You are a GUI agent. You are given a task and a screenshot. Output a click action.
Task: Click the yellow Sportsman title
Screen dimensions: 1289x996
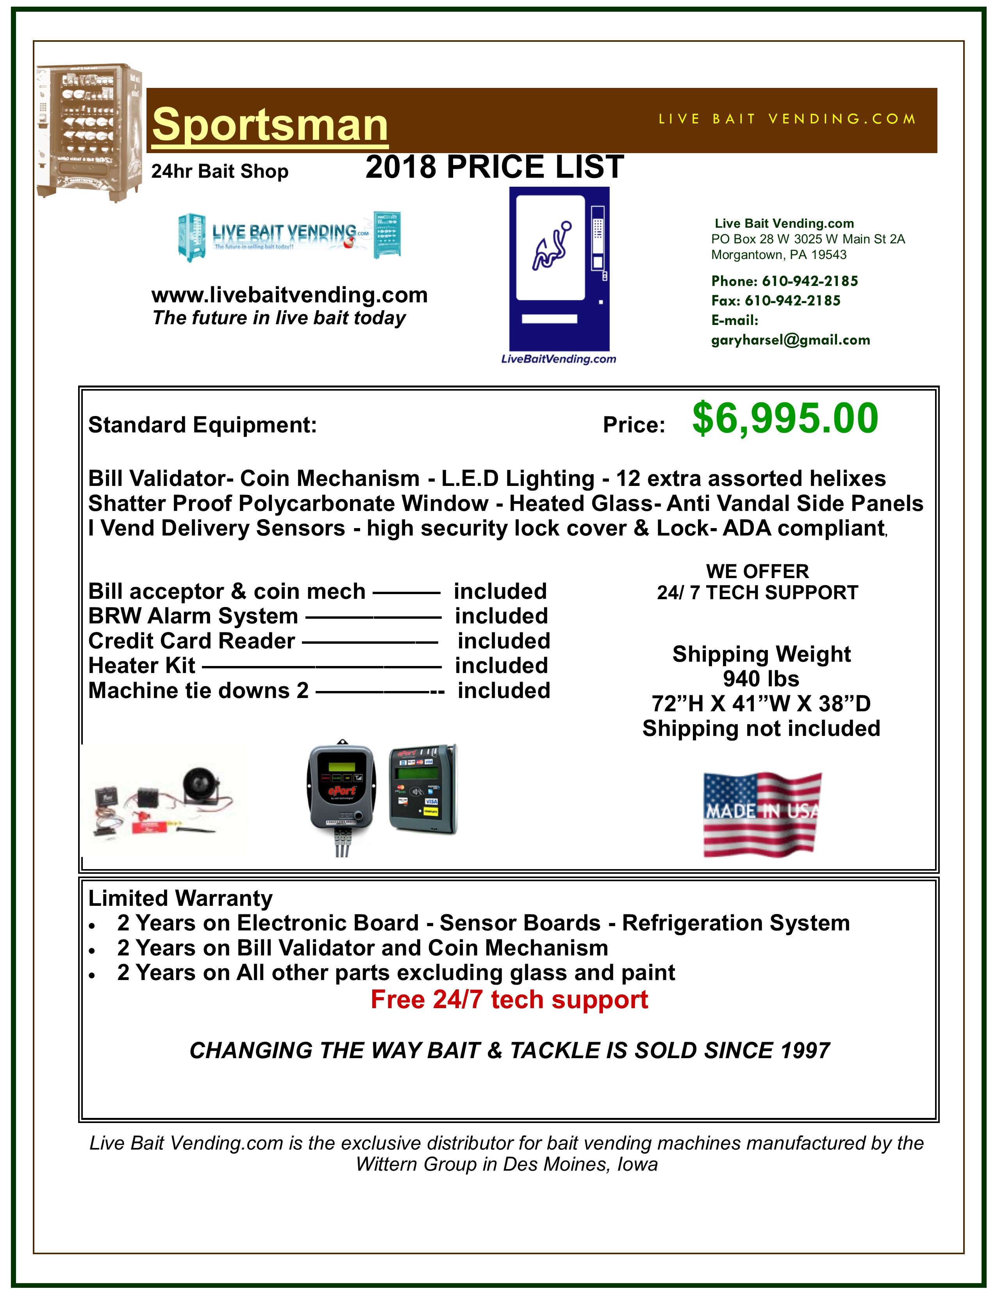tap(270, 125)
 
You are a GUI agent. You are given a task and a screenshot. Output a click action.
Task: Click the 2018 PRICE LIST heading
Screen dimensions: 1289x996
tap(494, 167)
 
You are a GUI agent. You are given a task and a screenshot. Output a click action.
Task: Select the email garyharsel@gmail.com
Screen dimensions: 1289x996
tap(790, 340)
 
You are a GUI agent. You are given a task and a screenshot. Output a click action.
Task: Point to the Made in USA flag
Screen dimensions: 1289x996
tap(762, 814)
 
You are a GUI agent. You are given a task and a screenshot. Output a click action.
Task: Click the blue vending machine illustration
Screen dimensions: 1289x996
tap(559, 269)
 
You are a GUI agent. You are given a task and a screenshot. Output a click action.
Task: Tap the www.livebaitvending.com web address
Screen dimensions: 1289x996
tap(289, 295)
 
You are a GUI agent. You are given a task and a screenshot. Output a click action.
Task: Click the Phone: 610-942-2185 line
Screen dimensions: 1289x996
tap(784, 281)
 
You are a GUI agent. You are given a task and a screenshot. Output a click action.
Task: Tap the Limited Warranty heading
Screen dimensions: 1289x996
tap(180, 898)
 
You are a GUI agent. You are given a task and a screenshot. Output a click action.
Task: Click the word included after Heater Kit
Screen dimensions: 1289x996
tap(501, 666)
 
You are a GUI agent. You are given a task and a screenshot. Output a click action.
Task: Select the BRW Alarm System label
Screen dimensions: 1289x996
tap(193, 616)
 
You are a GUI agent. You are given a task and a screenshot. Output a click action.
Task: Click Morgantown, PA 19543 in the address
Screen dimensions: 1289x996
tap(778, 255)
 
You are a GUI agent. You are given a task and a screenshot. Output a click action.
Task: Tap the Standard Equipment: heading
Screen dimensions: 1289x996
tap(202, 425)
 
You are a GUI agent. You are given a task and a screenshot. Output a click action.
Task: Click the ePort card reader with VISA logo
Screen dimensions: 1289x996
tap(423, 789)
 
